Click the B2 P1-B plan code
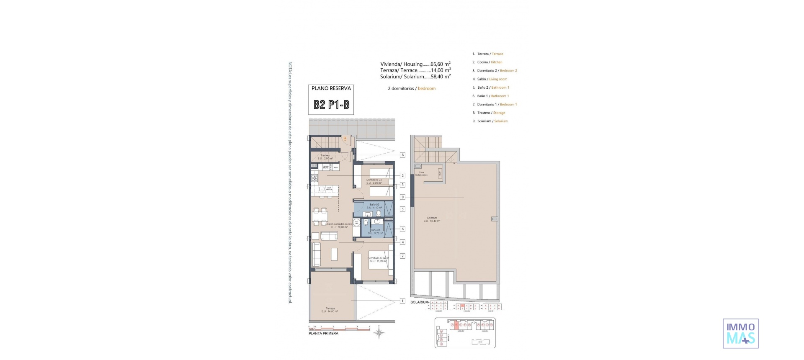coord(331,105)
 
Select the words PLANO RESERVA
coord(331,88)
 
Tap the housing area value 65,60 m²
coord(441,64)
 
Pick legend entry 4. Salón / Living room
coord(492,79)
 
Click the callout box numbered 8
coord(402,155)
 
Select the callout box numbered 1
coord(402,301)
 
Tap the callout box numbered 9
coord(402,197)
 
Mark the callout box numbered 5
coord(402,209)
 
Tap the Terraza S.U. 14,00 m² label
coord(330,310)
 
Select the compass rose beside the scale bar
coord(379,333)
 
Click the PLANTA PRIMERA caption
coord(323,334)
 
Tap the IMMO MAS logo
coord(740,333)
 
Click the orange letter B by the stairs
coord(345,139)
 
